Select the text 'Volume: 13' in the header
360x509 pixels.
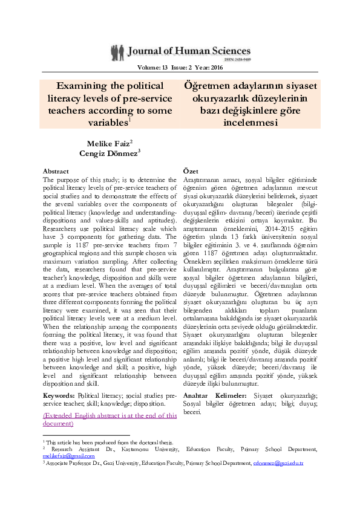[152, 68]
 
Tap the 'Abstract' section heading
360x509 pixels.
[56, 172]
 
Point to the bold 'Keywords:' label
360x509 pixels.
[59, 395]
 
